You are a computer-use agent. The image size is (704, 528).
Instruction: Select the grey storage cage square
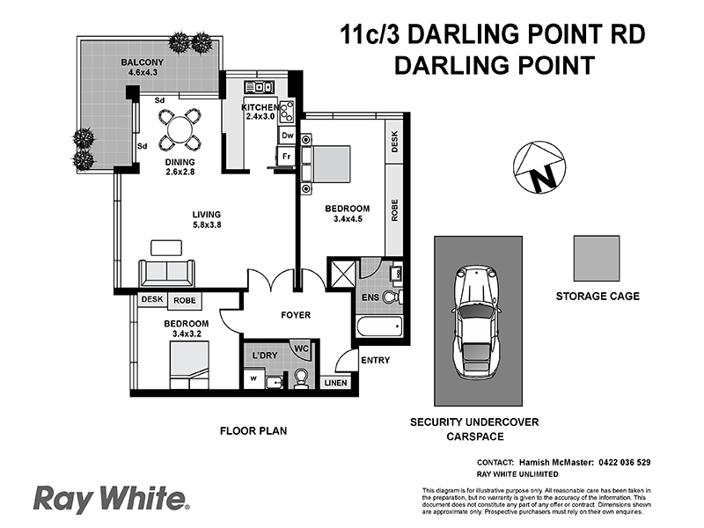point(597,258)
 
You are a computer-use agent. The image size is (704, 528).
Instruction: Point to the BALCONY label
point(143,62)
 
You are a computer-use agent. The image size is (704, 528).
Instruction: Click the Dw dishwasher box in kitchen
point(287,136)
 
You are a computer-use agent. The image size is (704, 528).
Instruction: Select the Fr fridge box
point(287,157)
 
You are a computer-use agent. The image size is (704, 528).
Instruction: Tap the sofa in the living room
point(167,271)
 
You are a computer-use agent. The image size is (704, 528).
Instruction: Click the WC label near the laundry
point(301,348)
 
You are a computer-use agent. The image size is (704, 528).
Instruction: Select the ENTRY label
point(375,361)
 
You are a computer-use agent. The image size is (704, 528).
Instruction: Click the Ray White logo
point(112,499)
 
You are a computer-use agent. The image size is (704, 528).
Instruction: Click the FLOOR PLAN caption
point(253,431)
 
